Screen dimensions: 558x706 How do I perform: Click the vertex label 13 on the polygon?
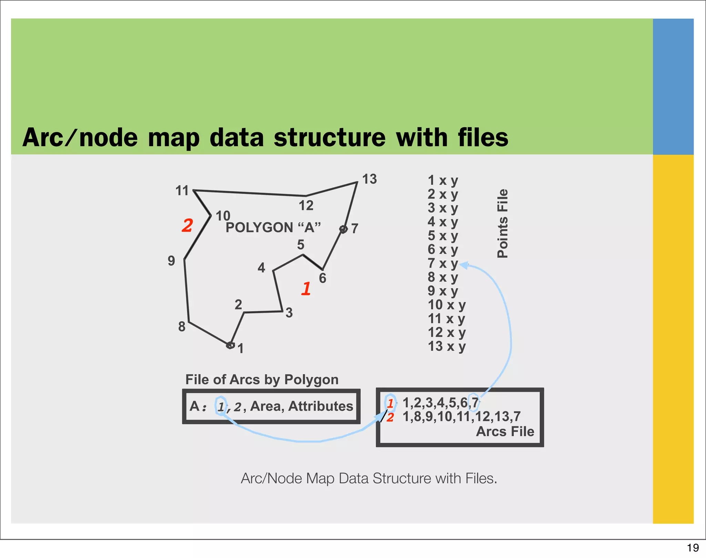coord(370,179)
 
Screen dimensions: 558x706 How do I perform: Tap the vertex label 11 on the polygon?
coord(182,191)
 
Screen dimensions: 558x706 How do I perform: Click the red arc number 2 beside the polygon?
coord(187,226)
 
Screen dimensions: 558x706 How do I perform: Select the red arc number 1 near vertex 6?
coord(306,289)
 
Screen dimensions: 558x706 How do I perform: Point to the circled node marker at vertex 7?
coord(343,229)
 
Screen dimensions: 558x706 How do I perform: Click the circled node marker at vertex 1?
coord(230,345)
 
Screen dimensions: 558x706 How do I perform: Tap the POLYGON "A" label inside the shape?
coord(273,228)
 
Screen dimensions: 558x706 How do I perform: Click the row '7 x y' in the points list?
coord(443,263)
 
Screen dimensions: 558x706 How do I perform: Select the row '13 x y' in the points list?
coord(446,346)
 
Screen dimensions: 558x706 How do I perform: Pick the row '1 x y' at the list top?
coord(443,180)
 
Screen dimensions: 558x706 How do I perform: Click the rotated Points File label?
coord(503,223)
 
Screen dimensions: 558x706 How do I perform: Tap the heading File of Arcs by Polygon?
coord(262,379)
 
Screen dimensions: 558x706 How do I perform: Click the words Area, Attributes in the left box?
coord(301,406)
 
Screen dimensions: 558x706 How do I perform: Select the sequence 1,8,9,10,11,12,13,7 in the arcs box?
coord(461,417)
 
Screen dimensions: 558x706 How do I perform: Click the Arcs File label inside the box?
coord(505,432)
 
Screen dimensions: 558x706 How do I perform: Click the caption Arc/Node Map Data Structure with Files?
coord(369,478)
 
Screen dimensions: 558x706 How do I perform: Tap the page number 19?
coord(693,548)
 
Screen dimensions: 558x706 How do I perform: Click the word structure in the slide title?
coord(329,138)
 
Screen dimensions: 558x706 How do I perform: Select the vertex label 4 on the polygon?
coord(261,268)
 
